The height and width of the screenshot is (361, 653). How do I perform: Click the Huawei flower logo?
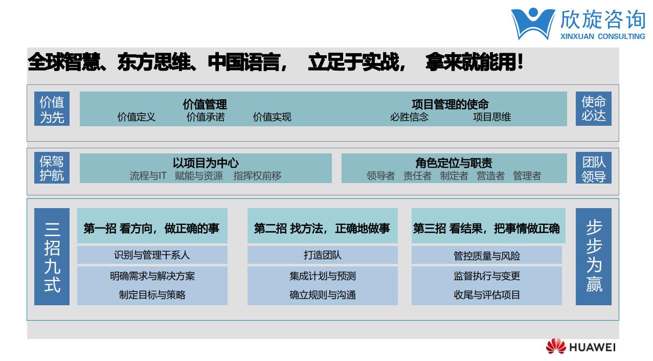[556, 346]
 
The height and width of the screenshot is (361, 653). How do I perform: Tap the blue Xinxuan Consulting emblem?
[533, 24]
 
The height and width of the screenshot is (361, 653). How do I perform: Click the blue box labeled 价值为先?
[52, 109]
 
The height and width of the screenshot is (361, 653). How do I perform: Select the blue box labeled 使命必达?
[594, 109]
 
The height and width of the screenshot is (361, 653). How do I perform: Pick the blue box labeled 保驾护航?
[52, 168]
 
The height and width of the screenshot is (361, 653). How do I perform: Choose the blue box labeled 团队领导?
[594, 168]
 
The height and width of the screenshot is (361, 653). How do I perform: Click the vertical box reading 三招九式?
[52, 257]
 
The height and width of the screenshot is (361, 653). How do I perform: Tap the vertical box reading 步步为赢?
[594, 257]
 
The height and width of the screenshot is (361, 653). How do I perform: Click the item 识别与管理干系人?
[152, 255]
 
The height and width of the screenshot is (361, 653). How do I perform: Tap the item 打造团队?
[323, 255]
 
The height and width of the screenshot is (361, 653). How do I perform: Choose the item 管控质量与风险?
[486, 256]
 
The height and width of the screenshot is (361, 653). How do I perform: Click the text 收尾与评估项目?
[487, 295]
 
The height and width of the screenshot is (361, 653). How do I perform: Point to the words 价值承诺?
[206, 117]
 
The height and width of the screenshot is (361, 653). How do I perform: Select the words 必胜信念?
[409, 117]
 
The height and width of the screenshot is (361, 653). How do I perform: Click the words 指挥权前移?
[257, 176]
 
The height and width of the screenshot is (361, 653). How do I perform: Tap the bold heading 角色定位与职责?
[454, 163]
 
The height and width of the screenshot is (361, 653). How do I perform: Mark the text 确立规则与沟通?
[323, 295]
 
